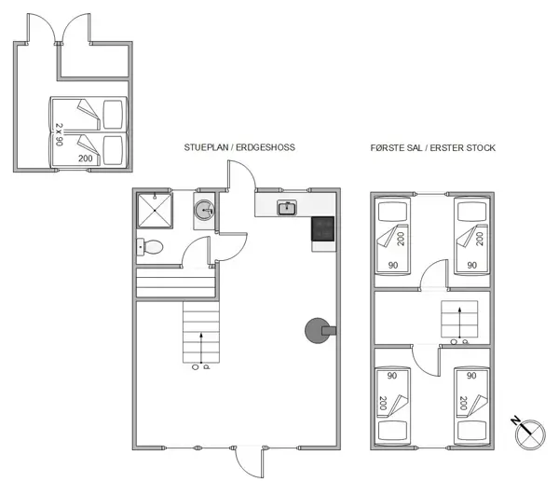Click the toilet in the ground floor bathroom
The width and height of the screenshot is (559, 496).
151,247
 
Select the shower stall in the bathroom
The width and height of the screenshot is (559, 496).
155,211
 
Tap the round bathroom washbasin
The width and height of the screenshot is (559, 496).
205,212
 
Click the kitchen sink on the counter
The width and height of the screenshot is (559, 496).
288,207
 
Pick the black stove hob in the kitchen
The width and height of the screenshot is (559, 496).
323,229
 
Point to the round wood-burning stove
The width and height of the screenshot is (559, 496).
317,328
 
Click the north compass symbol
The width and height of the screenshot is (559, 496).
526,431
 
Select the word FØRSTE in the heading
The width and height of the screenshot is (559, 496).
390,148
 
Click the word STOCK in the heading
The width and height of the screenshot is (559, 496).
478,148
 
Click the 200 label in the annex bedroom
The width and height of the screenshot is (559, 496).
86,159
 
